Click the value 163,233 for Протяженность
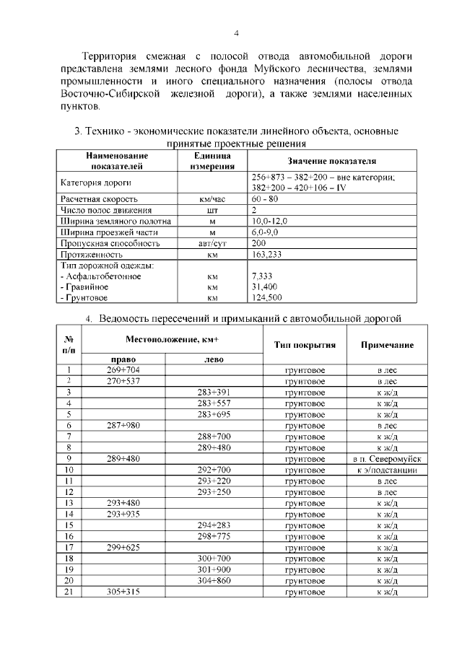pos(267,255)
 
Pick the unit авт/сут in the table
pos(212,244)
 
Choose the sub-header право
pos(123,359)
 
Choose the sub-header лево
pos(214,359)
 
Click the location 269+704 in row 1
pos(123,369)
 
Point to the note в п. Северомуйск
pos(387,459)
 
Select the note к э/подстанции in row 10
pos(387,470)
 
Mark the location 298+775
pos(214,537)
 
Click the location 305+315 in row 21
pos(123,592)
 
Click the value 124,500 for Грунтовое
pos(266,297)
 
